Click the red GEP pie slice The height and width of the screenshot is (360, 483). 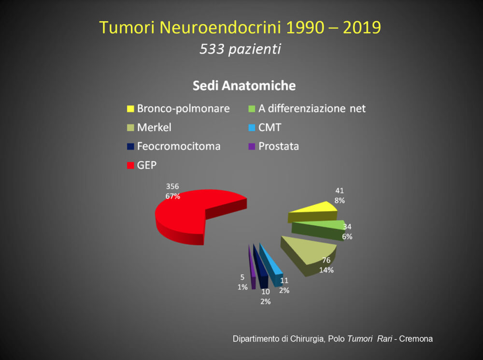[185, 216]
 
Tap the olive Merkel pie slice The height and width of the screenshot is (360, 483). [308, 253]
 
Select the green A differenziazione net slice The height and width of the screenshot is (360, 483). [317, 230]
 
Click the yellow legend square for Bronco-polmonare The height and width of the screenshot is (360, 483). [130, 109]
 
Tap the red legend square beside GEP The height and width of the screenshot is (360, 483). [130, 165]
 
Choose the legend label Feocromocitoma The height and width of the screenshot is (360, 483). [179, 146]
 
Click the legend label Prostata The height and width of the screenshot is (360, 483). [279, 146]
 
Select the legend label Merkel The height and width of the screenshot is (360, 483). [154, 127]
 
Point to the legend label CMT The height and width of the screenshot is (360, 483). [270, 127]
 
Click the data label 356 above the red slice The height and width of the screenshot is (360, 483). [172, 187]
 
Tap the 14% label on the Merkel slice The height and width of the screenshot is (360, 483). [326, 270]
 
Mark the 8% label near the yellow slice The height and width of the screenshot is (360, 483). [340, 201]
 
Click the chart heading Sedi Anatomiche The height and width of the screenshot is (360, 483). [244, 86]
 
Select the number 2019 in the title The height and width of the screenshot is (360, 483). [362, 28]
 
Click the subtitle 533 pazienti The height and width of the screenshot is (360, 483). [240, 49]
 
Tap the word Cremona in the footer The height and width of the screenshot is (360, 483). [416, 339]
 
